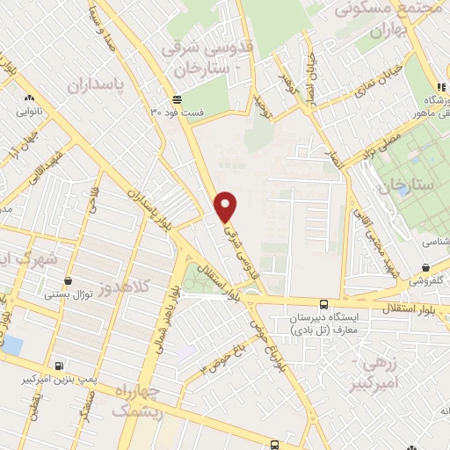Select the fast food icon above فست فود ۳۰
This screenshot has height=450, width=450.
[x=177, y=99]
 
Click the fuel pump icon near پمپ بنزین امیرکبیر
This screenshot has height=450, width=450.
[x=58, y=367]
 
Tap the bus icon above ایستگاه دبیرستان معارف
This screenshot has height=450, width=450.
[x=323, y=304]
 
